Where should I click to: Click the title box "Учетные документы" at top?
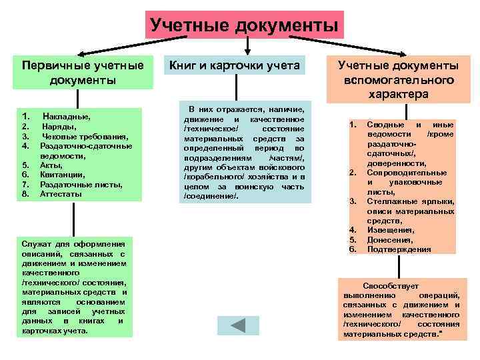click(x=243, y=25)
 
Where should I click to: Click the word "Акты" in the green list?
click(x=52, y=165)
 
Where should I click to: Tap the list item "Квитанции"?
click(x=62, y=175)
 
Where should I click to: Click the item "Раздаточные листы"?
click(x=81, y=184)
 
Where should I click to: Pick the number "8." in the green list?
click(x=25, y=194)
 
